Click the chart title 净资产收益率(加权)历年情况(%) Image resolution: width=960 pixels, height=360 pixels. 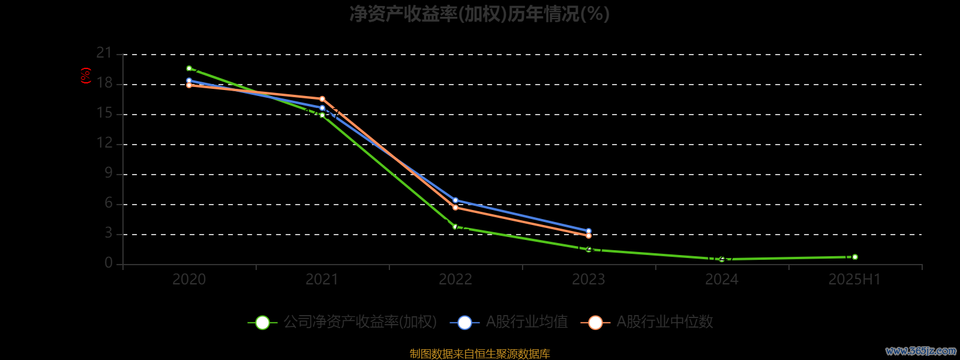point(479,14)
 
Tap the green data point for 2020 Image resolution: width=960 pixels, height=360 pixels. point(189,68)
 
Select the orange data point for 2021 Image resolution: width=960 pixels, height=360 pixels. point(322,99)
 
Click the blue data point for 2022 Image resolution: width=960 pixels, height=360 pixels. point(455,200)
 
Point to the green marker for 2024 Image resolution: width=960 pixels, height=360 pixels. point(722,259)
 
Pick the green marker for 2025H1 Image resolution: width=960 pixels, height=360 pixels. point(855,257)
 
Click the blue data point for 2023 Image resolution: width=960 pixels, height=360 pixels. point(589,231)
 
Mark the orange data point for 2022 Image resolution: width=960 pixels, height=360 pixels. point(455,208)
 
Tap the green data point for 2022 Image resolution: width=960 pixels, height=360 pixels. point(455,227)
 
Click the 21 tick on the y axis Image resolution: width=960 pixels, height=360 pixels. point(104,53)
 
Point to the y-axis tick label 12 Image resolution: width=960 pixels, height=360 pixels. point(104,143)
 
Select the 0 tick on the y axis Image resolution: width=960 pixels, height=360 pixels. point(109,263)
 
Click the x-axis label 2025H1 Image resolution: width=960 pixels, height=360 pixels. point(854,280)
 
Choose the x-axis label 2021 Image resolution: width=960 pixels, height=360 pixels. point(322,280)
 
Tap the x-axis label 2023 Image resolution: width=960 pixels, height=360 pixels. point(589,280)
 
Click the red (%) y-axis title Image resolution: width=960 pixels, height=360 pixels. point(86,76)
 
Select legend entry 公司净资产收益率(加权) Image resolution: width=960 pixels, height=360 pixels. point(343,322)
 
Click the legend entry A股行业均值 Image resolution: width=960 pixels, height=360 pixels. point(510,322)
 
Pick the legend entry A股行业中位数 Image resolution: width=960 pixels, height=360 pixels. point(648,322)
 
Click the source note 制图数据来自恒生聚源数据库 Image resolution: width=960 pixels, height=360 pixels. point(479,354)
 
